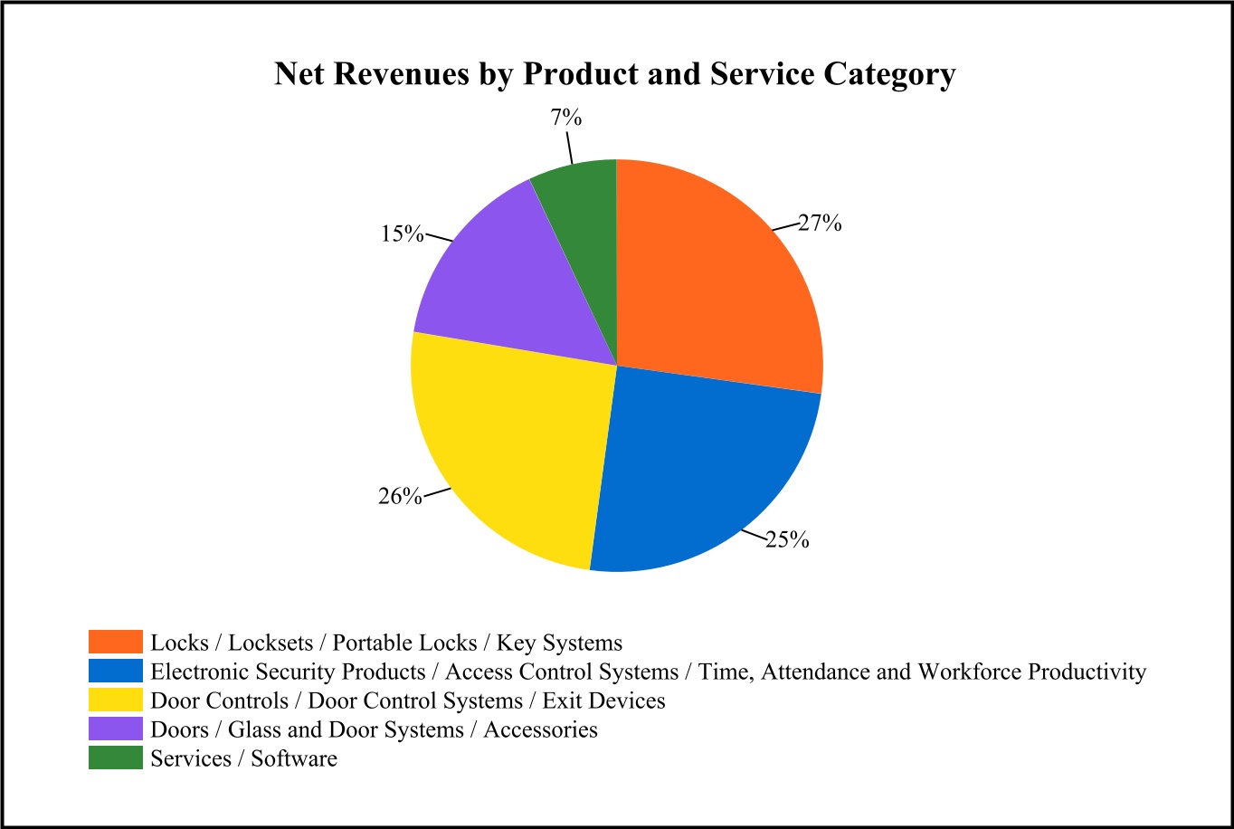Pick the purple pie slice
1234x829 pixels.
point(507,272)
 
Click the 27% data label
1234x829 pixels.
point(820,224)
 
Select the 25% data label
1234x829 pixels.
point(786,540)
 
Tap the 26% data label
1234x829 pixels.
point(400,496)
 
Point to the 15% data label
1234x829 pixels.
point(402,233)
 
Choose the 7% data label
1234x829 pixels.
point(565,119)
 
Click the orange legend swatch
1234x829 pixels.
point(116,643)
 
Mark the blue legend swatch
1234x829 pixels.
point(116,672)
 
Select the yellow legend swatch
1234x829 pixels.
point(116,700)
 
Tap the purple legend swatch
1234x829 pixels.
point(116,729)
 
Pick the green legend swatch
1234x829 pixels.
point(116,758)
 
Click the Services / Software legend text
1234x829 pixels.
point(244,758)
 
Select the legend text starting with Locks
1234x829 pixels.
point(386,643)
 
